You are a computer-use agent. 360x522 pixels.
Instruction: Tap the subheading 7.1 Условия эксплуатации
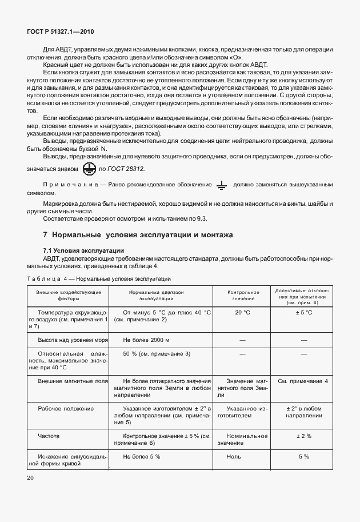(80, 250)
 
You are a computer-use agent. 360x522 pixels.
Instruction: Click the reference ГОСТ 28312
(122, 169)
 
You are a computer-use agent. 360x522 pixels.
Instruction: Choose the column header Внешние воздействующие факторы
(69, 296)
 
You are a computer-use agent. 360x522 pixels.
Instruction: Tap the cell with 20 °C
(243, 313)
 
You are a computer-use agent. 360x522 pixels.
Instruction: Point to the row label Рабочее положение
(58, 409)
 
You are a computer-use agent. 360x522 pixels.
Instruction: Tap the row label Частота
(49, 436)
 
